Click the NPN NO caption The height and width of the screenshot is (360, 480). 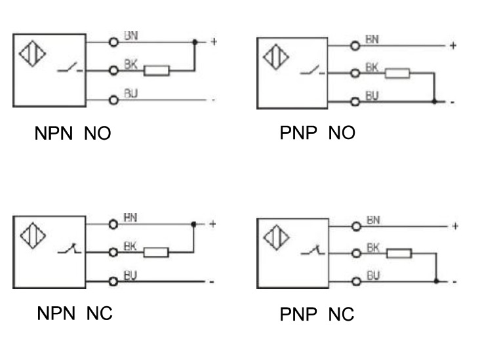click(x=72, y=134)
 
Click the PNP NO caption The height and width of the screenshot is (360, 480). click(x=317, y=133)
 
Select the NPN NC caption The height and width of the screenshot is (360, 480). click(x=73, y=313)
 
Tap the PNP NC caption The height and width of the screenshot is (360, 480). click(x=317, y=314)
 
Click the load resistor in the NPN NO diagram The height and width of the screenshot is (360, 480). click(x=157, y=70)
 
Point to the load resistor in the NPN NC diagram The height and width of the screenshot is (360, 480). click(x=156, y=252)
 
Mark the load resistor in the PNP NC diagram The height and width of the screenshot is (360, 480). click(x=399, y=253)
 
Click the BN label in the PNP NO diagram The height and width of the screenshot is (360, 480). click(x=372, y=40)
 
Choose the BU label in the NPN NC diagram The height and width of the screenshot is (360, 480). click(x=130, y=275)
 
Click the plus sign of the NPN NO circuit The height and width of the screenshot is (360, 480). click(x=213, y=42)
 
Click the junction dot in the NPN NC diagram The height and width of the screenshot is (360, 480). click(x=194, y=224)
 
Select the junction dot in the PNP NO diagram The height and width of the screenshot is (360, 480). click(x=435, y=102)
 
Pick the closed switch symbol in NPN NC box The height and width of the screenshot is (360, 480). click(x=66, y=250)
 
